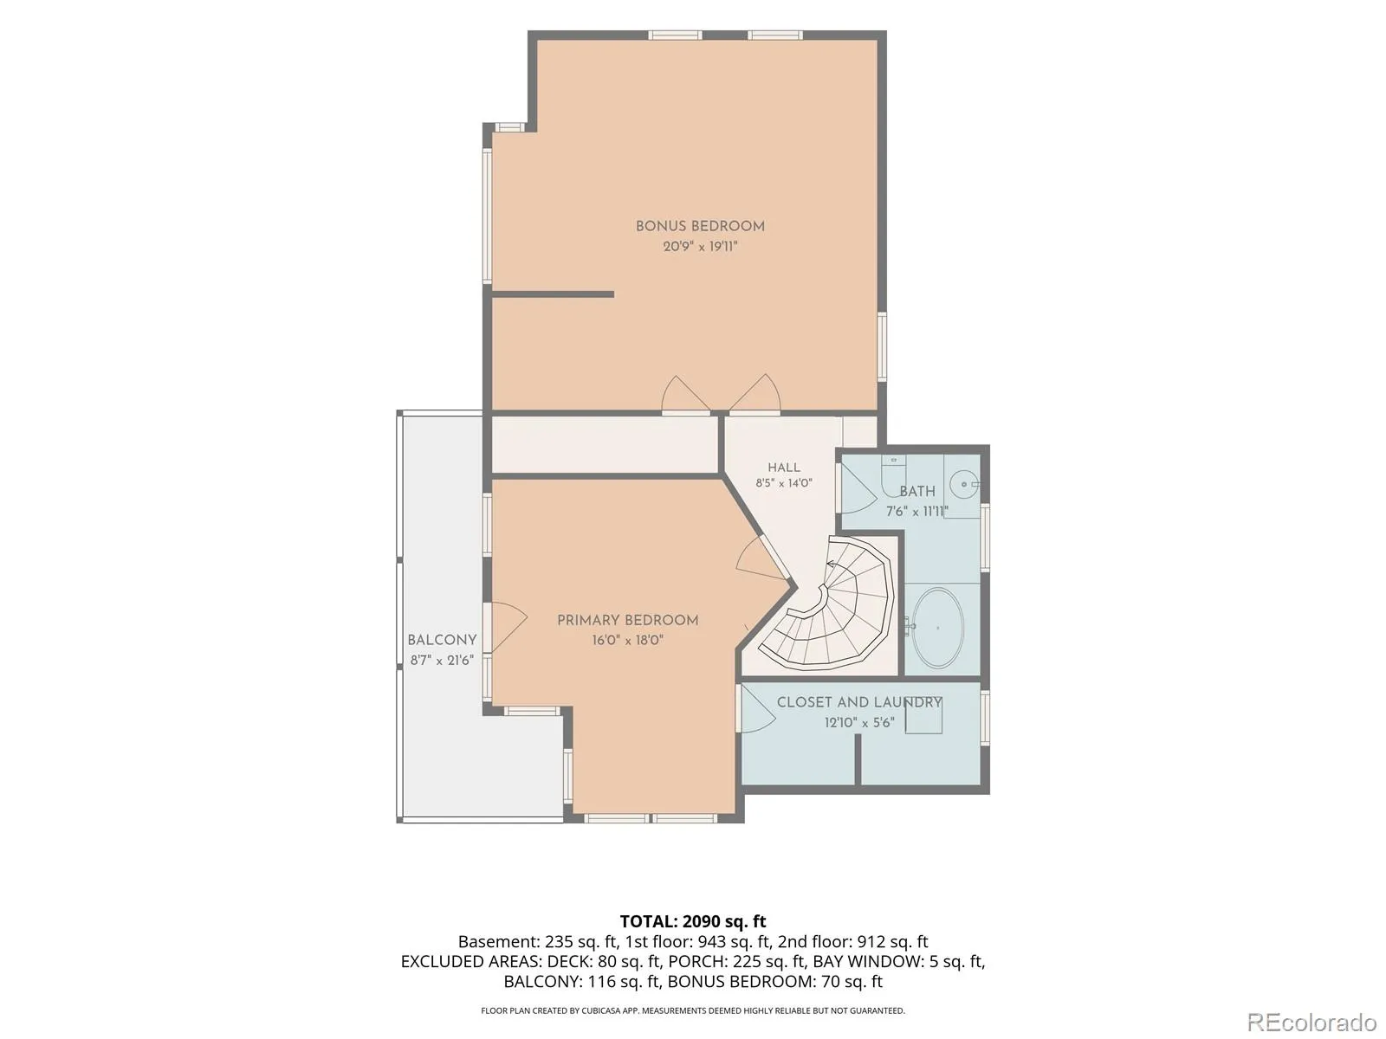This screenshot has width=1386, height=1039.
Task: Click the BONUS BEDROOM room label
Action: point(700,226)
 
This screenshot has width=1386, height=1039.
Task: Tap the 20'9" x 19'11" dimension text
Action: point(700,246)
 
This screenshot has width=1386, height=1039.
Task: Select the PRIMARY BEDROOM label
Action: point(627,620)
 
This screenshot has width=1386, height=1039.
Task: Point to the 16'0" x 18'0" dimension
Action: point(627,641)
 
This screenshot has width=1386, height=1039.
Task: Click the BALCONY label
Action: point(442,640)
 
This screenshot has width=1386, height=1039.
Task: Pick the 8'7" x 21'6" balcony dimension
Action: point(442,661)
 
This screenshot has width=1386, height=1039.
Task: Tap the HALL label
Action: point(784,468)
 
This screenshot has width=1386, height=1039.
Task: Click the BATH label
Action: point(917,491)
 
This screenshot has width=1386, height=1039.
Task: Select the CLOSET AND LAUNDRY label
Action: point(858,702)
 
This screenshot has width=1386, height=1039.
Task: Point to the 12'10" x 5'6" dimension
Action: point(858,722)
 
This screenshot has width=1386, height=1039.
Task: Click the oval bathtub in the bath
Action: point(937,629)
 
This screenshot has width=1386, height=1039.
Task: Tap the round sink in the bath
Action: point(965,485)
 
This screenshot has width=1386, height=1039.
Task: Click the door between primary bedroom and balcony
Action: point(507,627)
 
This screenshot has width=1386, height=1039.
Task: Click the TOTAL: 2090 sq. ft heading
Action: point(693,921)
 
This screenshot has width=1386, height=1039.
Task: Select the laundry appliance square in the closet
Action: point(923,717)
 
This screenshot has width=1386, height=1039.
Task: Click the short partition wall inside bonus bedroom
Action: point(553,294)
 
